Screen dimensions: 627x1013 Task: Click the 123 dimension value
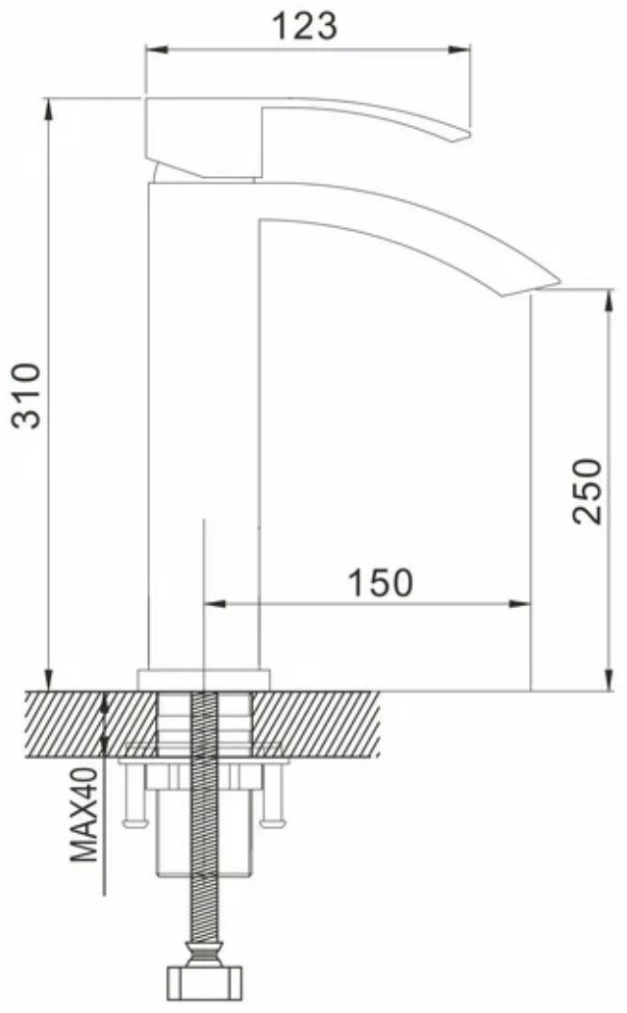tap(304, 27)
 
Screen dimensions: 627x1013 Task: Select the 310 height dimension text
tap(28, 395)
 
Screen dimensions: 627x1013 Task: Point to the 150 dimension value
tap(380, 582)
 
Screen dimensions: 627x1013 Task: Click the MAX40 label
tap(85, 815)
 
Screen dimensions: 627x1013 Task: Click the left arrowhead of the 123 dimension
tap(157, 50)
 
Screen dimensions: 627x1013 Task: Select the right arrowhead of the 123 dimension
tap(460, 50)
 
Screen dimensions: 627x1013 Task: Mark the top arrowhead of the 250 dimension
tap(609, 302)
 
